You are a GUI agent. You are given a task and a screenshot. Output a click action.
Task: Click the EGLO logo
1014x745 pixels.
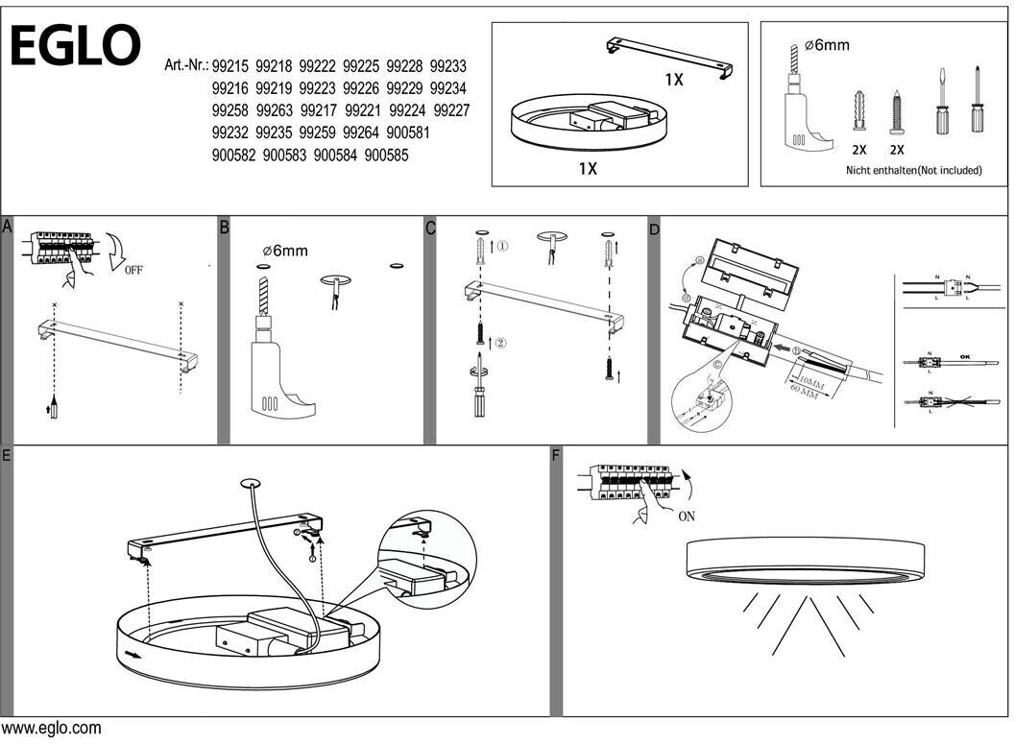pyautogui.click(x=75, y=45)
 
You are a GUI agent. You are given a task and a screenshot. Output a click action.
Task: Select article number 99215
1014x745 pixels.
pyautogui.click(x=230, y=66)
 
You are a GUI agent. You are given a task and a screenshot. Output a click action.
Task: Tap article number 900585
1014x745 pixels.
pyautogui.click(x=388, y=154)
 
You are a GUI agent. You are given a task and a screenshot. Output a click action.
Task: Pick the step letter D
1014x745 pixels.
pyautogui.click(x=655, y=229)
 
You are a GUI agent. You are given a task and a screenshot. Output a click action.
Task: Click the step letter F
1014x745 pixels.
pyautogui.click(x=556, y=455)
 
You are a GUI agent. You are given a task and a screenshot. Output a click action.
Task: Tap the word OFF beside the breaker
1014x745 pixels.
pyautogui.click(x=133, y=270)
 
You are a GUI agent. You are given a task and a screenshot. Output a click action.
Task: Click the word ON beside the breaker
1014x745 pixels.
pyautogui.click(x=687, y=516)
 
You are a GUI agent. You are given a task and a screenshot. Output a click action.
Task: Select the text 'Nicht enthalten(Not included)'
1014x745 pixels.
pyautogui.click(x=913, y=170)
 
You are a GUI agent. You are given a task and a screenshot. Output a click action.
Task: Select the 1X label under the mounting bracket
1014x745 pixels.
pyautogui.click(x=674, y=80)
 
